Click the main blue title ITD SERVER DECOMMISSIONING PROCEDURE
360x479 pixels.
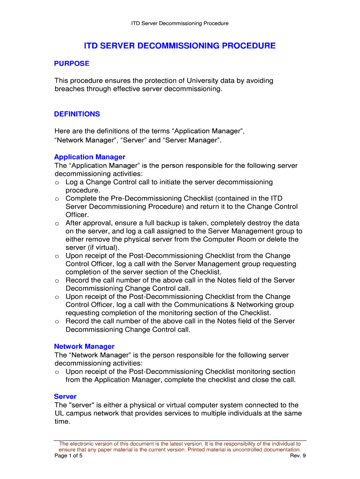[x=180, y=46]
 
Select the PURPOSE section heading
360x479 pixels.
[x=72, y=63]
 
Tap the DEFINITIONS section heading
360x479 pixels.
[x=77, y=114]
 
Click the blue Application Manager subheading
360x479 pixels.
[x=89, y=157]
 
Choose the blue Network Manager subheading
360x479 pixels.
[x=84, y=346]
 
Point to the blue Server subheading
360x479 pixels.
[x=65, y=396]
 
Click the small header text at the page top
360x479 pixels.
[x=180, y=23]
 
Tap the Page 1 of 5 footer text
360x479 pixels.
[x=68, y=456]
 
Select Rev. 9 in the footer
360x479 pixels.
[x=298, y=456]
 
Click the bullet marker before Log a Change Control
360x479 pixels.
[x=57, y=182]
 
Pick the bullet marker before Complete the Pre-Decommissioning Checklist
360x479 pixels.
[x=57, y=199]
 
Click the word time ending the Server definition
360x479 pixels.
[x=62, y=421]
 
